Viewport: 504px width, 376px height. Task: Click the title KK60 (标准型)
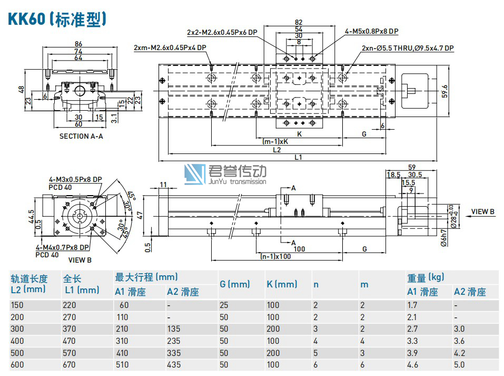[x=57, y=19]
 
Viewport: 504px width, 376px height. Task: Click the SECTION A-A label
[x=81, y=136]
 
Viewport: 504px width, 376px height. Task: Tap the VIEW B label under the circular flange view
[x=80, y=260]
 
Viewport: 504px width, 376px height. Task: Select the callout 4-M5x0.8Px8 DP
[x=371, y=31]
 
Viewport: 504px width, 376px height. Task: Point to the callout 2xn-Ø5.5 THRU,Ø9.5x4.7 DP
[x=408, y=48]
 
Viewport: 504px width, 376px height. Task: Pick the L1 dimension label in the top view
[x=298, y=157]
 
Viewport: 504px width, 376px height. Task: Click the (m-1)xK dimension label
[x=275, y=142]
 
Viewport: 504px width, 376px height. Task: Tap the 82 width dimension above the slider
[x=299, y=22]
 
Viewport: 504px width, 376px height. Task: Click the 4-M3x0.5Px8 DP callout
[x=75, y=179]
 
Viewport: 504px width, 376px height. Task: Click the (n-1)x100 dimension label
[x=276, y=257]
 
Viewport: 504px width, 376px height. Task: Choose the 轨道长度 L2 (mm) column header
[x=29, y=284]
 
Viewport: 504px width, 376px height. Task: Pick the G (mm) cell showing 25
[x=225, y=305]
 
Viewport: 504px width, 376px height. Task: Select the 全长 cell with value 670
[x=70, y=364]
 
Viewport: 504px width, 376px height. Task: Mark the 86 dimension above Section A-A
[x=78, y=44]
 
